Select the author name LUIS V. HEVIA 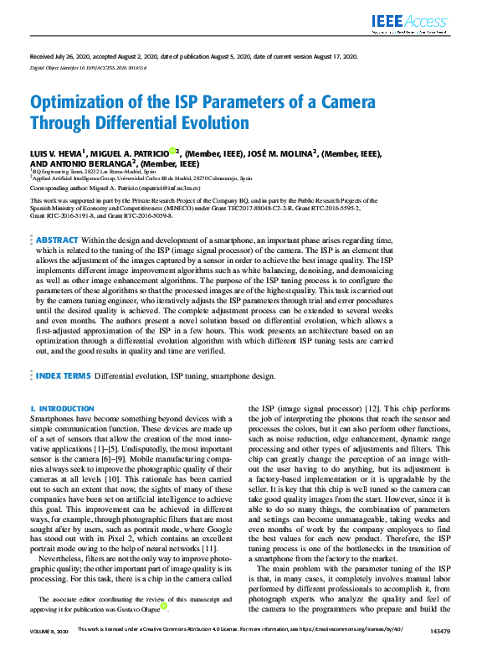(x=57, y=154)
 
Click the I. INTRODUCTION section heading (x=63, y=409)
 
